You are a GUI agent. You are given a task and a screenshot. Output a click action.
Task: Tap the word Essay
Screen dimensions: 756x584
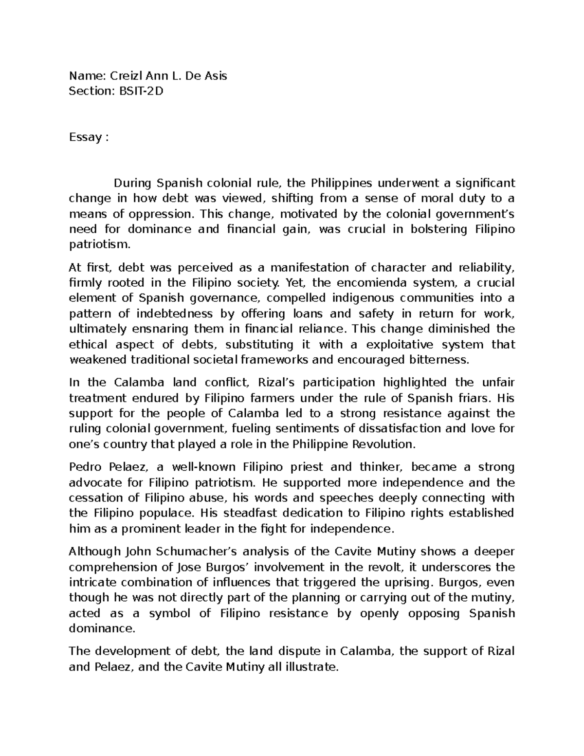point(85,137)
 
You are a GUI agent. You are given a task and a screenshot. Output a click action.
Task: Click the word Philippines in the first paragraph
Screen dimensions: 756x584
point(342,183)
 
